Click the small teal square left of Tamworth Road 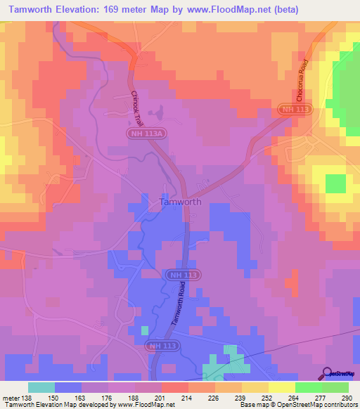(145, 330)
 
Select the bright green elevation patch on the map (335, 183)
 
